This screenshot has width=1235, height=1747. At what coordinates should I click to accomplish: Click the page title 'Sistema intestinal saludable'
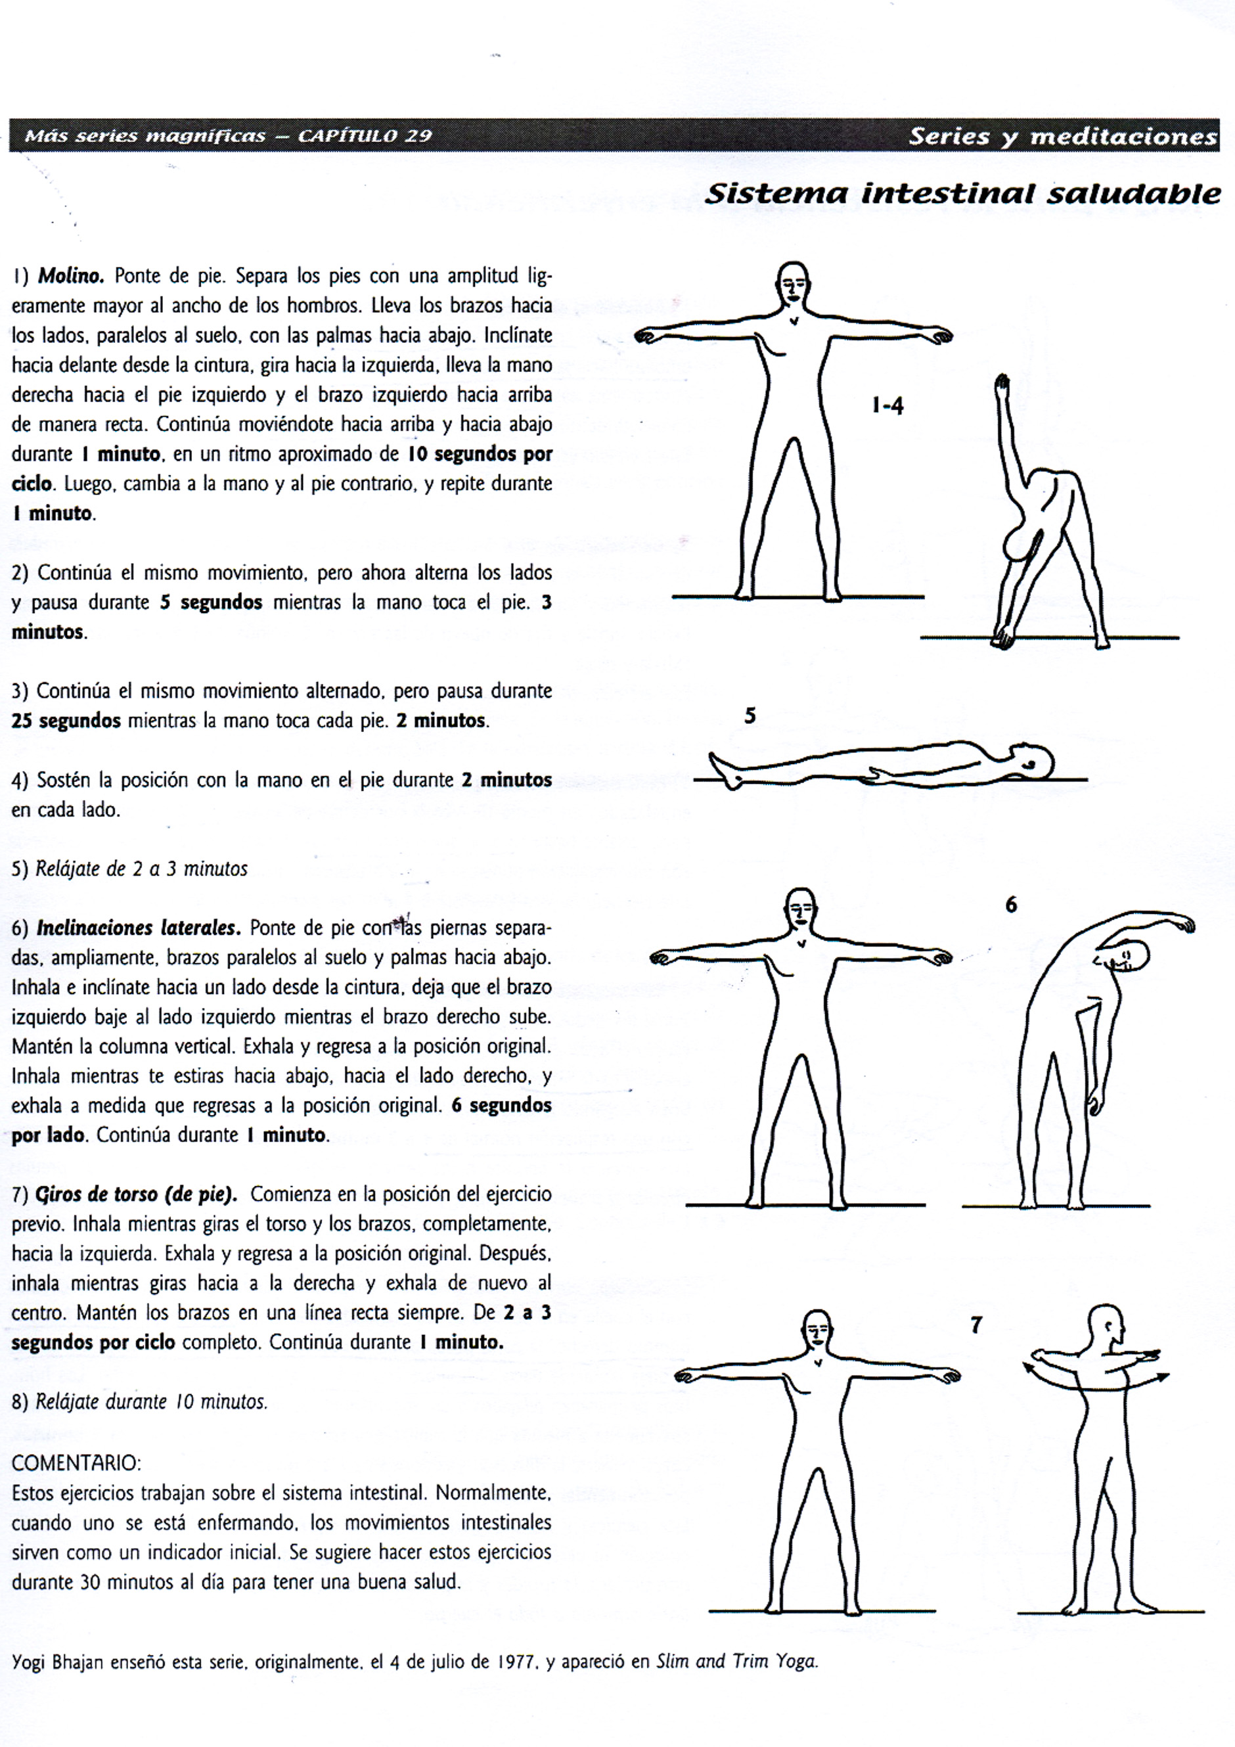click(962, 194)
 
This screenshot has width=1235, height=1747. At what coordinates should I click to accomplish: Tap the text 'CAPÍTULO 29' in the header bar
click(365, 136)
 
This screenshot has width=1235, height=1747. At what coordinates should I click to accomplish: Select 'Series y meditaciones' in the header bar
click(1062, 136)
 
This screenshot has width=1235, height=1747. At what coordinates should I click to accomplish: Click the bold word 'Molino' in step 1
click(71, 275)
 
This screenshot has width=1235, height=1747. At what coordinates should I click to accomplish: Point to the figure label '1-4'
click(887, 406)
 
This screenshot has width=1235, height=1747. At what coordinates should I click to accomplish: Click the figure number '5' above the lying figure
click(750, 716)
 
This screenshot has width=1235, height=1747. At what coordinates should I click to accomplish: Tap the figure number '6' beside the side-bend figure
click(1010, 905)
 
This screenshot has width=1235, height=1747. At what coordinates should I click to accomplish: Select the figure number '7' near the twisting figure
click(976, 1325)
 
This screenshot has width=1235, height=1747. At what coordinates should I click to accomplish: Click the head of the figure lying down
click(1037, 761)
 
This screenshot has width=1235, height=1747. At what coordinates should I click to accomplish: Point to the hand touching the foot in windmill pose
click(1003, 635)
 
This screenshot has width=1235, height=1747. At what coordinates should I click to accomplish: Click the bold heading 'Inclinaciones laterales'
click(138, 928)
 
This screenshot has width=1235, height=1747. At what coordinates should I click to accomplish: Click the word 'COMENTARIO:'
click(76, 1463)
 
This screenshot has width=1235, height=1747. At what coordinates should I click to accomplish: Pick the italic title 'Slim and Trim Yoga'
click(736, 1662)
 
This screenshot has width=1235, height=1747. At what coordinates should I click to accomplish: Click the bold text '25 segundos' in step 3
click(66, 721)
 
